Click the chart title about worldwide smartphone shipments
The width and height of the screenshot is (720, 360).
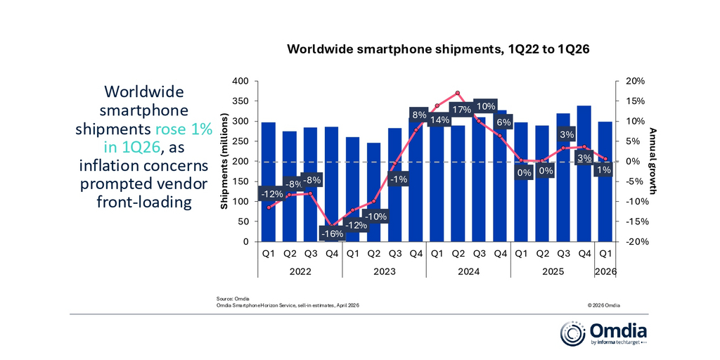(x=438, y=50)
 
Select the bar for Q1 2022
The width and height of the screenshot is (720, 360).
(x=268, y=182)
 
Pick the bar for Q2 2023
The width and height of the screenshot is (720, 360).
(x=374, y=193)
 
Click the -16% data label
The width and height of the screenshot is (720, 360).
(x=333, y=233)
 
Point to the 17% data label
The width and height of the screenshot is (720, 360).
(x=461, y=110)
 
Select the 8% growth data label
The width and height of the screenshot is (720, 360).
(x=419, y=115)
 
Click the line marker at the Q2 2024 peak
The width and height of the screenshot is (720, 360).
(x=457, y=93)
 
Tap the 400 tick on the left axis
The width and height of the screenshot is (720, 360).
(x=242, y=82)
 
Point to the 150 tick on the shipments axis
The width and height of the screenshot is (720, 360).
(x=242, y=181)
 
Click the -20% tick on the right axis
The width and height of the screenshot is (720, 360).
(x=634, y=242)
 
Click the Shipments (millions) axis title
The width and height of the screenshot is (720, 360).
(x=224, y=161)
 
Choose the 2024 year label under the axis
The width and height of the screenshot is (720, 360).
(x=468, y=271)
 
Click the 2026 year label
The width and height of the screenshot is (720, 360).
(x=605, y=271)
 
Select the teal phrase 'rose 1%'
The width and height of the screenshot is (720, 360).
(x=184, y=129)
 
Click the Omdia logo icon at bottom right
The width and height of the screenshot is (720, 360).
(x=572, y=333)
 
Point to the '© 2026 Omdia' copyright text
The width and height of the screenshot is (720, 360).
(x=603, y=305)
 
